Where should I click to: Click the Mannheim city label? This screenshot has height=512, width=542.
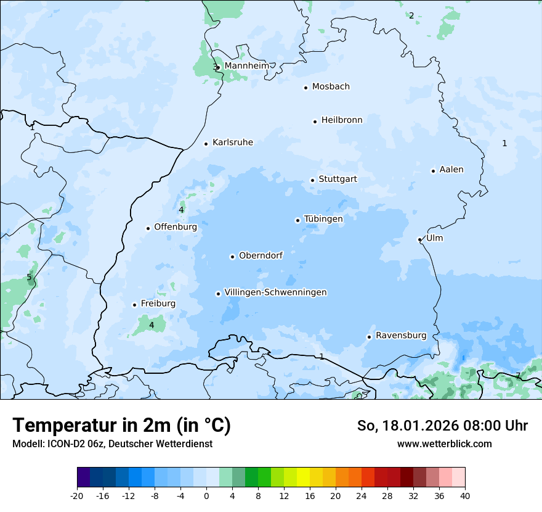tap(246, 65)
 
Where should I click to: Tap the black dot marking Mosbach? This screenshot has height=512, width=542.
tap(305, 88)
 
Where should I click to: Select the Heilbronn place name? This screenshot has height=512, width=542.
tap(342, 120)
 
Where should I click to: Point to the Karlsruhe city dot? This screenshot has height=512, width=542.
tap(206, 144)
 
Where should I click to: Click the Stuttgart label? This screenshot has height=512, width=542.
tap(338, 180)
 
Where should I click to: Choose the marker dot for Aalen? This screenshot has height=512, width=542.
tap(433, 171)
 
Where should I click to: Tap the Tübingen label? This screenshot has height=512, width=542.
tap(323, 219)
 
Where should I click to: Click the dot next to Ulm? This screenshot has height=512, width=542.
tap(419, 239)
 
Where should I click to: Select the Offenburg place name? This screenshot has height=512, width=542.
tap(176, 227)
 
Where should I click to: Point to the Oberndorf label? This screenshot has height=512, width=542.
tap(261, 255)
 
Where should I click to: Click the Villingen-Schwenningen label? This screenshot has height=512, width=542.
tap(275, 292)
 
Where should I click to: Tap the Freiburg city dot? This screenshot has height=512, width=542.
tap(134, 305)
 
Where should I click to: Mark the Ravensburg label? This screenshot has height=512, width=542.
tap(401, 336)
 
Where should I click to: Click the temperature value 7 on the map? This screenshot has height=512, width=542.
tap(518, 375)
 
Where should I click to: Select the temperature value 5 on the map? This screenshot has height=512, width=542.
tap(29, 278)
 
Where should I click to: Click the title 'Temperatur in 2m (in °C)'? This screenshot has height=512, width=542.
tap(121, 426)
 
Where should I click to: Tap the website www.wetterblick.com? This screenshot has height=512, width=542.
tap(444, 444)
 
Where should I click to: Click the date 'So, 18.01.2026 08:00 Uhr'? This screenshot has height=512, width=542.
tap(442, 426)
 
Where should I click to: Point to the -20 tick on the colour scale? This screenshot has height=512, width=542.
tap(77, 495)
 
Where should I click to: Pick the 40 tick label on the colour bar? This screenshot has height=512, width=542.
tap(465, 495)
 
